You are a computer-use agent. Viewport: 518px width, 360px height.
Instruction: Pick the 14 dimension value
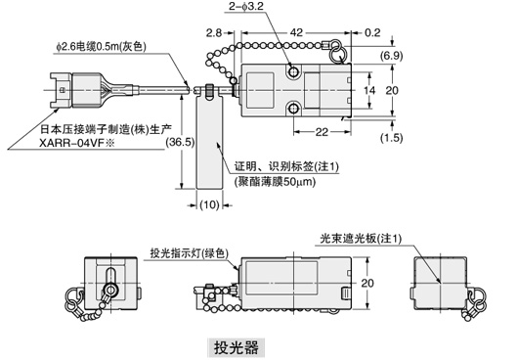tap(369, 89)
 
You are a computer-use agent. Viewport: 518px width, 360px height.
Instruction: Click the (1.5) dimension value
tap(389, 136)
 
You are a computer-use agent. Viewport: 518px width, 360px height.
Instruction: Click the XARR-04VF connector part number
tap(73, 141)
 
